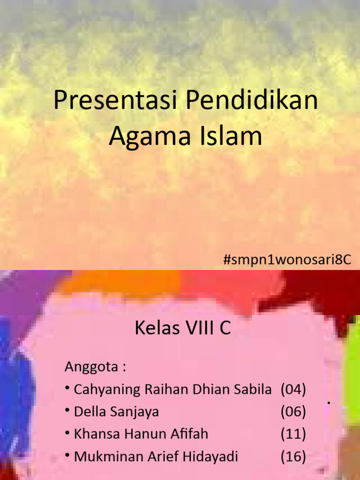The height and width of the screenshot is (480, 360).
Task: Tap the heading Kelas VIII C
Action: click(183, 329)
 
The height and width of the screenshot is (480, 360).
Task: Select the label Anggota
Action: click(95, 367)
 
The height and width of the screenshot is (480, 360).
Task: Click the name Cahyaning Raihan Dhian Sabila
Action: click(173, 389)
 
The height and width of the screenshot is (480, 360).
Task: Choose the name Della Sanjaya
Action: click(116, 412)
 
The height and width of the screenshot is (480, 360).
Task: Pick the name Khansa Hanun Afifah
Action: click(141, 434)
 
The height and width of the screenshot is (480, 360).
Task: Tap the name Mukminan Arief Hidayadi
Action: click(156, 456)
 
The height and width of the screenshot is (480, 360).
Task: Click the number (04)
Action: click(293, 389)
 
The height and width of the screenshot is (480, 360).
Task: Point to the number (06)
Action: click(293, 412)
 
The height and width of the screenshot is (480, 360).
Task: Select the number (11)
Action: click(293, 434)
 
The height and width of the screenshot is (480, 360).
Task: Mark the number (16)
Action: click(293, 456)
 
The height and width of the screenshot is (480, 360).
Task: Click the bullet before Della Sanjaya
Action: click(68, 410)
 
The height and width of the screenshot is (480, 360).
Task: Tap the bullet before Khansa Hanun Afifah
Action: click(68, 433)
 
